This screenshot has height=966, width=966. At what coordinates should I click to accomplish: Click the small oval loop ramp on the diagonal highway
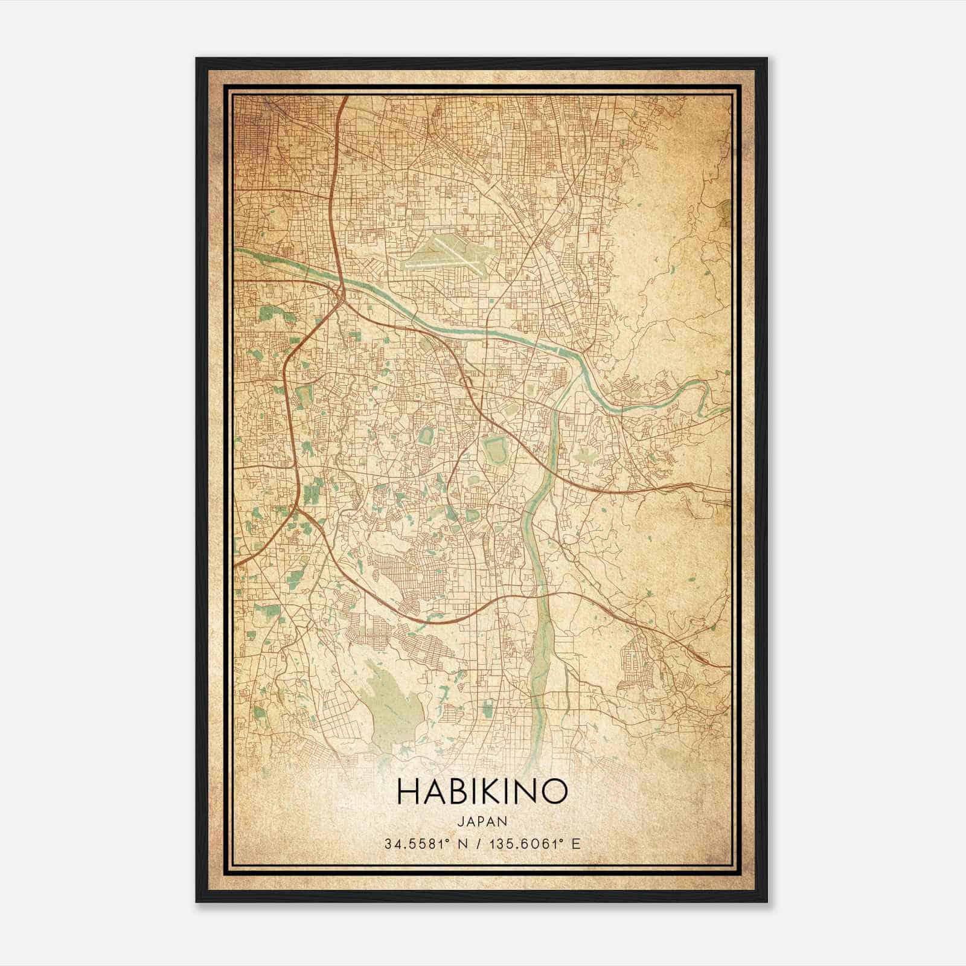466,382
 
